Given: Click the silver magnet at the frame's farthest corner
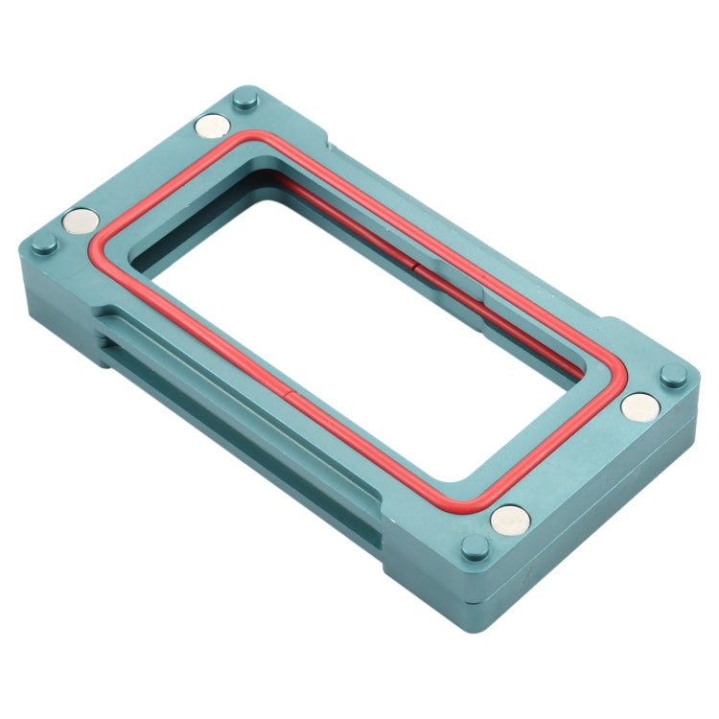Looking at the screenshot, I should click(212, 125).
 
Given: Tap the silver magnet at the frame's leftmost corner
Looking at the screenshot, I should click(80, 222).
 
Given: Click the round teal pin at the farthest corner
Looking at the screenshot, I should click(242, 99).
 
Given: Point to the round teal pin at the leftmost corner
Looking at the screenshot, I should click(42, 244).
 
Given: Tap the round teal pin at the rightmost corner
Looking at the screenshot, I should click(675, 375).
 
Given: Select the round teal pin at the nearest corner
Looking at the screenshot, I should click(474, 548).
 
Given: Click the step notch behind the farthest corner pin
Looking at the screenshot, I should click(331, 144).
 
